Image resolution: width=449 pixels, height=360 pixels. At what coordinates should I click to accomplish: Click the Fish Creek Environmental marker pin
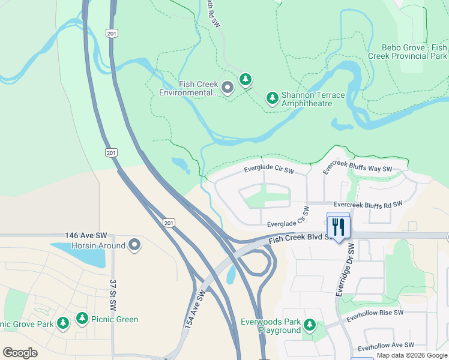[228, 88]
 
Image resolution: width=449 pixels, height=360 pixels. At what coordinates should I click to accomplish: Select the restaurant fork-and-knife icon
[338, 226]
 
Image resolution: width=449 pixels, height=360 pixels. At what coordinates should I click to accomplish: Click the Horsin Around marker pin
[134, 245]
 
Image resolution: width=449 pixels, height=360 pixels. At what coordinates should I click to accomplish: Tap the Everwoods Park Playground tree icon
[310, 325]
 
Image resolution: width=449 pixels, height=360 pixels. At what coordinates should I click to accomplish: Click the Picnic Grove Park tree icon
[63, 323]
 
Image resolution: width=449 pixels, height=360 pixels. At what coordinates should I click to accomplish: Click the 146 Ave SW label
[85, 237]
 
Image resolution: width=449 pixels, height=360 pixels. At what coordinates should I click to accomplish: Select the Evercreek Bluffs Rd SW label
[368, 205]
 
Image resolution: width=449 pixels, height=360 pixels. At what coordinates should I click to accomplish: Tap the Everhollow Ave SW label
[385, 346]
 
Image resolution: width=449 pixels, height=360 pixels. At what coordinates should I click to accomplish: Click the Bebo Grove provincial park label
[414, 52]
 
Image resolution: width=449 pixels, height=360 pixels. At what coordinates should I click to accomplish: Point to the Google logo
[20, 352]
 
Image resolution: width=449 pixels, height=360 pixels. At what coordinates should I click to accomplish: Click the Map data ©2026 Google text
[412, 355]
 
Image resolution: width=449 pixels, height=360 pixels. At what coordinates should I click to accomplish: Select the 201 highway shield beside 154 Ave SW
[169, 223]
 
